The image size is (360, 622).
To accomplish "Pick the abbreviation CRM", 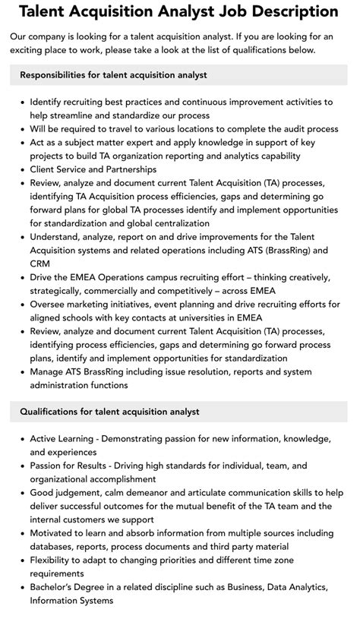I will tap(41, 264).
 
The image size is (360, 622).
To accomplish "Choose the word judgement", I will tap(83, 493).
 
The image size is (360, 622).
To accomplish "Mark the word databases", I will tap(55, 547).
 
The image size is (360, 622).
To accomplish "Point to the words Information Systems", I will tap(71, 601).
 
